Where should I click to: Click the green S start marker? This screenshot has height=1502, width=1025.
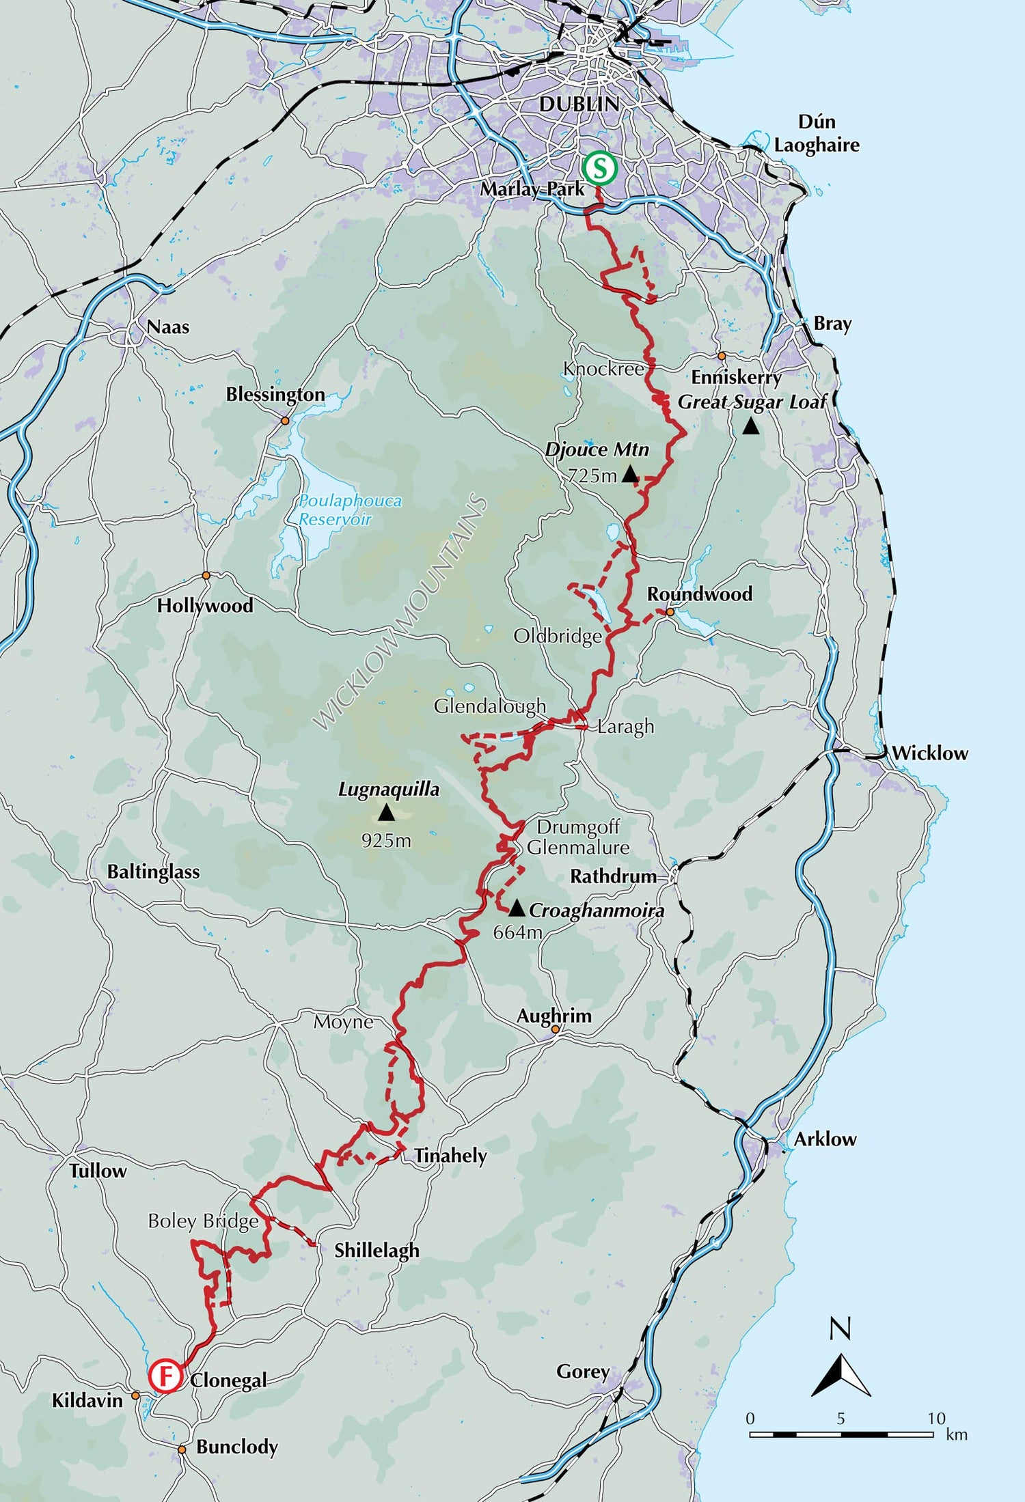coord(600,168)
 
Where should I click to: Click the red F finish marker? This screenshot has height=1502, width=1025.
coord(165,1376)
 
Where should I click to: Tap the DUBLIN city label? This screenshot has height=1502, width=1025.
coord(579,105)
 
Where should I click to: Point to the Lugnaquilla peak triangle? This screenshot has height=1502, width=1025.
coord(386,813)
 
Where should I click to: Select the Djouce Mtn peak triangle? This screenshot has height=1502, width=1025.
coord(630,474)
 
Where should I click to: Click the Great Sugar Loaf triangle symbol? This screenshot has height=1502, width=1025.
coord(751,426)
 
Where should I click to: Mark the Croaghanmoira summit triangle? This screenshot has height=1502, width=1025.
coord(517,908)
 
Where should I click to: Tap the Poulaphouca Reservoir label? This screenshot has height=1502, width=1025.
coord(350,510)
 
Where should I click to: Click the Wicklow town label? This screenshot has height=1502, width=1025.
coord(930,753)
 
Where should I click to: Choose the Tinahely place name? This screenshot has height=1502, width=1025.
coord(450,1156)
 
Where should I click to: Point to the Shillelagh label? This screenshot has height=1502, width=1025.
coord(377,1250)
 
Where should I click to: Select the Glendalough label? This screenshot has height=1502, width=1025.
coord(490,706)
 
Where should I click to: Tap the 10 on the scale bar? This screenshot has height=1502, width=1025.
coord(936,1418)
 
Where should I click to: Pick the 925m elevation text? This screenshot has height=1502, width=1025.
coord(386,840)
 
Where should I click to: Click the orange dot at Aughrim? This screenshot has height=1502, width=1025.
coord(556,1029)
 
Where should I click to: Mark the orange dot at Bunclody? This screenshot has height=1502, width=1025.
coord(182,1449)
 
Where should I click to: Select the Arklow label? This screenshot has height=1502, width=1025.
coord(825,1139)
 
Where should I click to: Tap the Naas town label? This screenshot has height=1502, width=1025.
coord(168,326)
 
